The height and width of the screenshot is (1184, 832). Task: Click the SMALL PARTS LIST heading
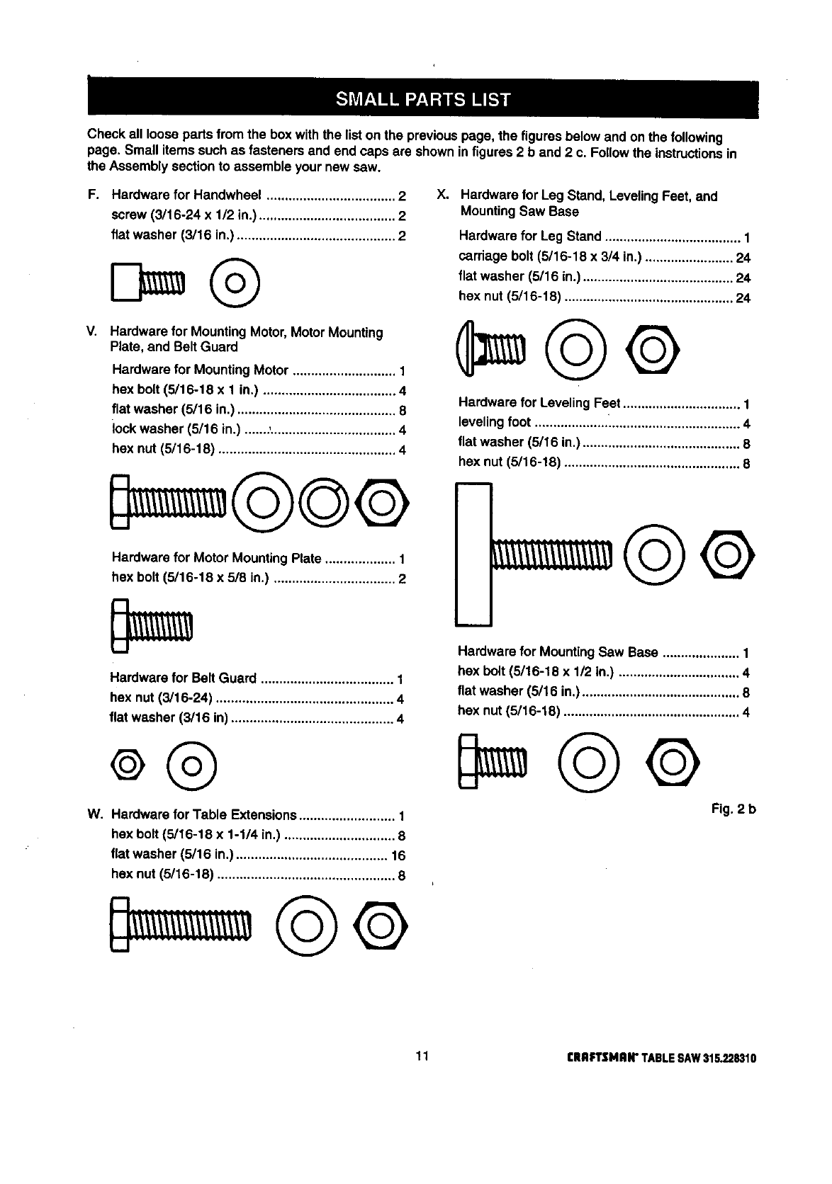point(422,99)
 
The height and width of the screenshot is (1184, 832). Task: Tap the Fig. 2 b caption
point(734,809)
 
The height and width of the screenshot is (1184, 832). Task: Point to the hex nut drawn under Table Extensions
point(382,926)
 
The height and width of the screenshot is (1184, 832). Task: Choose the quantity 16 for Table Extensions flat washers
point(398,855)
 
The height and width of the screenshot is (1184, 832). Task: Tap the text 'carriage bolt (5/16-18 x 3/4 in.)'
point(549,256)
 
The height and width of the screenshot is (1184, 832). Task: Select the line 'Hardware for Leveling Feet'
point(539,403)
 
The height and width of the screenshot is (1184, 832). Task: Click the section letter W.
point(92,814)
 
